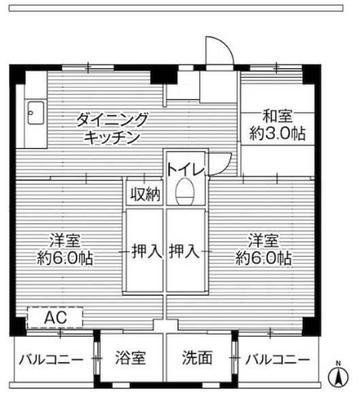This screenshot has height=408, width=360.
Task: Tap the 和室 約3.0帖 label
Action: click(x=276, y=126)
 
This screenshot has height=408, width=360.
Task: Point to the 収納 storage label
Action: click(x=145, y=195)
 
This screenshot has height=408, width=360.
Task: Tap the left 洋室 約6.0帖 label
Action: click(x=65, y=250)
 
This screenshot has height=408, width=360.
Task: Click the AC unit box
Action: click(x=55, y=318)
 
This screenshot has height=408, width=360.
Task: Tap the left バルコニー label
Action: click(x=51, y=358)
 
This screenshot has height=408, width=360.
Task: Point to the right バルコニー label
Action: click(x=278, y=358)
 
